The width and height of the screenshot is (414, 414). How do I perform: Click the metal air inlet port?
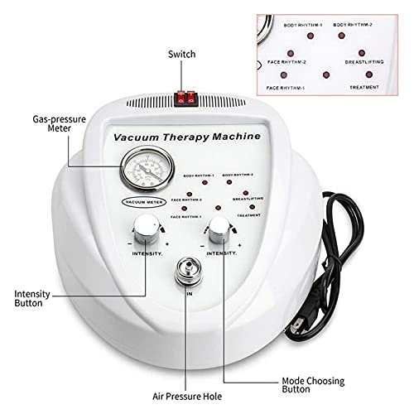pos(184,273)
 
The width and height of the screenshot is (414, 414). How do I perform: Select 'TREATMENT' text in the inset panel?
pos(363,87)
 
